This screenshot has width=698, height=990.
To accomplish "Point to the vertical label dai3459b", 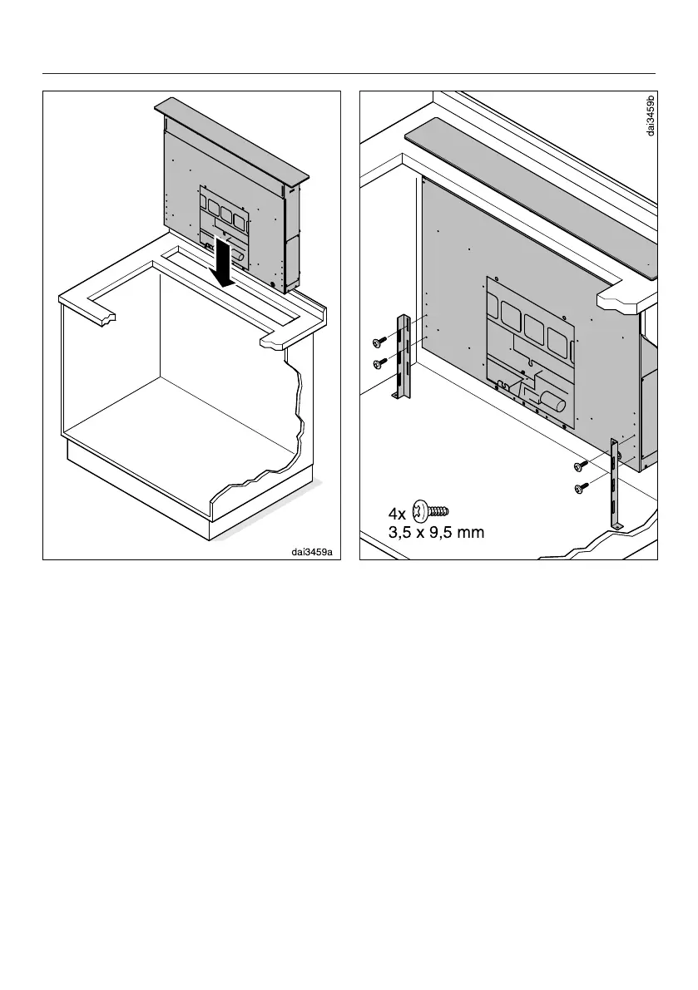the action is tap(651, 116).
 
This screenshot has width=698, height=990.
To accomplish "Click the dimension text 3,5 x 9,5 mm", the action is tap(436, 533).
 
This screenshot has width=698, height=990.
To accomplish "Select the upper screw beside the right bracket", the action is tap(582, 465).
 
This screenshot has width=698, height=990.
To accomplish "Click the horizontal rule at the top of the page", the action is tap(349, 73).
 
